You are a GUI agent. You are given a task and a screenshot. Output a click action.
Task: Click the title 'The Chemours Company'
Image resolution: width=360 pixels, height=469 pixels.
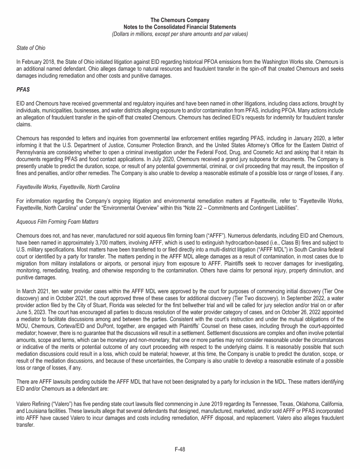pos(180,20)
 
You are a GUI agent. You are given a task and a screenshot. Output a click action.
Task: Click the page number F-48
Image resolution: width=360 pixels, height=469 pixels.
pos(180,449)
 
